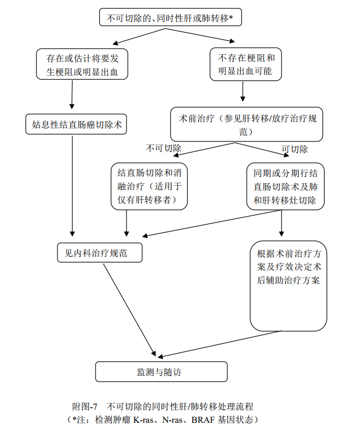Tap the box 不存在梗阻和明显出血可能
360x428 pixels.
pos(245,64)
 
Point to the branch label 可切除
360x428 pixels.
pos(295,149)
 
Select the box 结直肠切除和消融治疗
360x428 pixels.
pos(149,186)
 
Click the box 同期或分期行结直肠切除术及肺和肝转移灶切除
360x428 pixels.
pos(285,186)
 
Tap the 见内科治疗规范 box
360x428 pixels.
pos(99,253)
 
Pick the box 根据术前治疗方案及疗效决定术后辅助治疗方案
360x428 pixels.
pos(289,286)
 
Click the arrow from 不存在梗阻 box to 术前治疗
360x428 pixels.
pos(243,91)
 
